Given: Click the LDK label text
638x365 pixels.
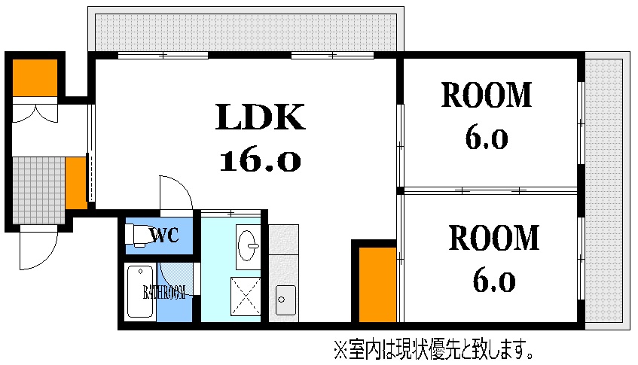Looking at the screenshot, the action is tap(260, 117).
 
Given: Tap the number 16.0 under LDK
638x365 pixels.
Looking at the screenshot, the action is tap(260, 161).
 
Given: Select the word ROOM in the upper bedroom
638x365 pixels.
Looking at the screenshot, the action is tap(487, 95).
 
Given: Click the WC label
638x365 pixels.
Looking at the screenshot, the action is tap(164, 235).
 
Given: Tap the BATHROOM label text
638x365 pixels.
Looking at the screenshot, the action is tap(164, 292).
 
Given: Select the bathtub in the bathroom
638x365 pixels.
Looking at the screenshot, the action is tap(140, 291).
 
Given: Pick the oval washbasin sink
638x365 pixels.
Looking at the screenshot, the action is tap(248, 245).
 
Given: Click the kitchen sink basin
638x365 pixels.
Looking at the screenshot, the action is tap(285, 300).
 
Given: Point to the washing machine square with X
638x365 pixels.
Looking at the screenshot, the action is tap(246, 297).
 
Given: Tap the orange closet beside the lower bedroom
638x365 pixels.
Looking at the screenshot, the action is tap(377, 284).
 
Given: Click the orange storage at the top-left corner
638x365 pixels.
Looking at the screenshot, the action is tap(35, 78).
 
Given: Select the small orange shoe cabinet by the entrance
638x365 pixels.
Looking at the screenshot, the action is tap(76, 183).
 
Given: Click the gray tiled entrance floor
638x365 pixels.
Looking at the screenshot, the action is tap(38, 190).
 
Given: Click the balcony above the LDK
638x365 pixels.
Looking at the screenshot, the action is tap(246, 32).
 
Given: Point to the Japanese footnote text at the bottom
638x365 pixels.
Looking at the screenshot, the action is tap(434, 349).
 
